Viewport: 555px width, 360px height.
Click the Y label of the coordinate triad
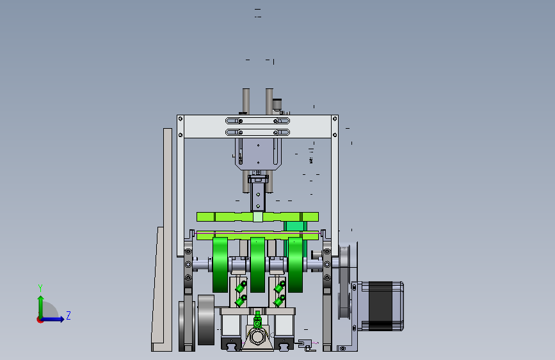click(40, 288)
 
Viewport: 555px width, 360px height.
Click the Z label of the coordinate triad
click(68, 315)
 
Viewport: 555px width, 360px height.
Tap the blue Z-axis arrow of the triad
click(52, 319)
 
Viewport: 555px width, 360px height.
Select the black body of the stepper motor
click(380, 306)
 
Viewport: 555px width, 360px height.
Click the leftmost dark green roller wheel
click(220, 265)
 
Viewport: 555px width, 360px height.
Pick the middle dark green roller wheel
click(257, 265)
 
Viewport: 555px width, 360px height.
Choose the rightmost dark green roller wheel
click(295, 265)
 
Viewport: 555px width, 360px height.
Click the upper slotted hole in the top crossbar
click(258, 121)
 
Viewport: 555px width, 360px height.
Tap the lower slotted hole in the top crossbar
click(258, 133)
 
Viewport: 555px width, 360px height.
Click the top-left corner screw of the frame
click(181, 119)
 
